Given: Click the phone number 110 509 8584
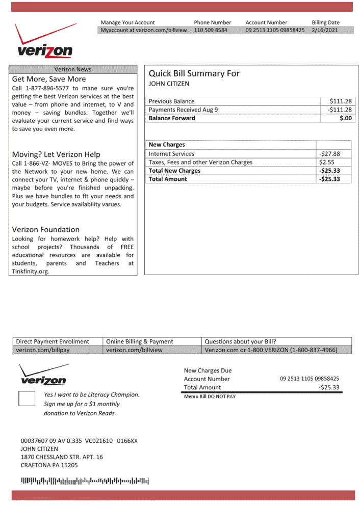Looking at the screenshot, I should (211, 30).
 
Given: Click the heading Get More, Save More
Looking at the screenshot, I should (49, 79).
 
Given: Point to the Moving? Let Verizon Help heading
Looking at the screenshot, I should (56, 154).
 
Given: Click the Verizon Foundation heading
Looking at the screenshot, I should (46, 229).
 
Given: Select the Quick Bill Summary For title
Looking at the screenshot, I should (194, 73).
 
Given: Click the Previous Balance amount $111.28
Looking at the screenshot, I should (341, 101).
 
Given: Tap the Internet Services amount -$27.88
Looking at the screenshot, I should (329, 154).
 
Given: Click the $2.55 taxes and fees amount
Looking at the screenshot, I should (327, 162).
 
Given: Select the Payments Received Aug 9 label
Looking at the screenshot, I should (183, 110).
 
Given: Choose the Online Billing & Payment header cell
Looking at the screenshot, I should (139, 341).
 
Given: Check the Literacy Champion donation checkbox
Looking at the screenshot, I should (27, 398).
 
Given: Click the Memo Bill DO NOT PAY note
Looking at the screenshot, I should (210, 396).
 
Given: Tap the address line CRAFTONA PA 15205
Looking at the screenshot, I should (49, 465).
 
